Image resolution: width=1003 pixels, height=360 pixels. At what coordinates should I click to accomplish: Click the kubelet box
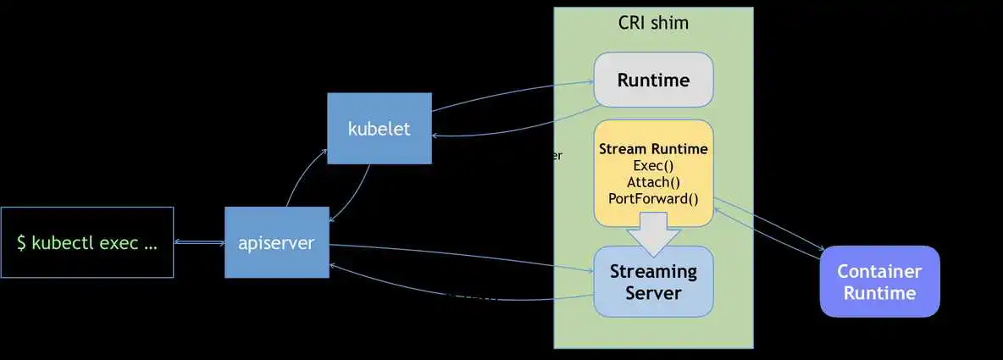coord(379,129)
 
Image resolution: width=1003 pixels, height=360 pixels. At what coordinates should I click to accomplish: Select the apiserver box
coord(276,243)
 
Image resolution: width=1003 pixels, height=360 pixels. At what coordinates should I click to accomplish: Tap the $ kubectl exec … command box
coord(87,243)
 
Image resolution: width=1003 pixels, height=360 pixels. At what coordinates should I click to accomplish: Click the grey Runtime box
coord(653,80)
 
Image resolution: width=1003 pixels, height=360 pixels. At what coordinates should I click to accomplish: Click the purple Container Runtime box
coord(879,282)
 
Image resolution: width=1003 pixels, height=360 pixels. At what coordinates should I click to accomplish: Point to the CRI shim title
coord(653,23)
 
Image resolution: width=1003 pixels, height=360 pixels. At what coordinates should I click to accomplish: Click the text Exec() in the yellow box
coord(653,166)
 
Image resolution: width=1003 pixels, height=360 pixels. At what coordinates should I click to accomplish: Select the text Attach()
coord(653,182)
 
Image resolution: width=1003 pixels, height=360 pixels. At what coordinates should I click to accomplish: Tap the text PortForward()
coord(653,199)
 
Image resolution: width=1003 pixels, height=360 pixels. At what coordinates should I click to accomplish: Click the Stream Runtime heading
coord(653,149)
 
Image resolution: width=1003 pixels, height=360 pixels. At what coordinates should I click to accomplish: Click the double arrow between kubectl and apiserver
coord(199,243)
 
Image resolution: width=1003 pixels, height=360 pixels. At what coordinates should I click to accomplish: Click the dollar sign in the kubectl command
coord(21,243)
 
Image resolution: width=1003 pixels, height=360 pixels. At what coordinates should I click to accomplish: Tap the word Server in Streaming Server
coord(653,293)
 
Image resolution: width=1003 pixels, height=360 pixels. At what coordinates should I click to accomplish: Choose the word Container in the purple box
coord(879,271)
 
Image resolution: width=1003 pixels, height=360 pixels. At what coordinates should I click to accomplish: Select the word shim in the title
coord(670,23)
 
